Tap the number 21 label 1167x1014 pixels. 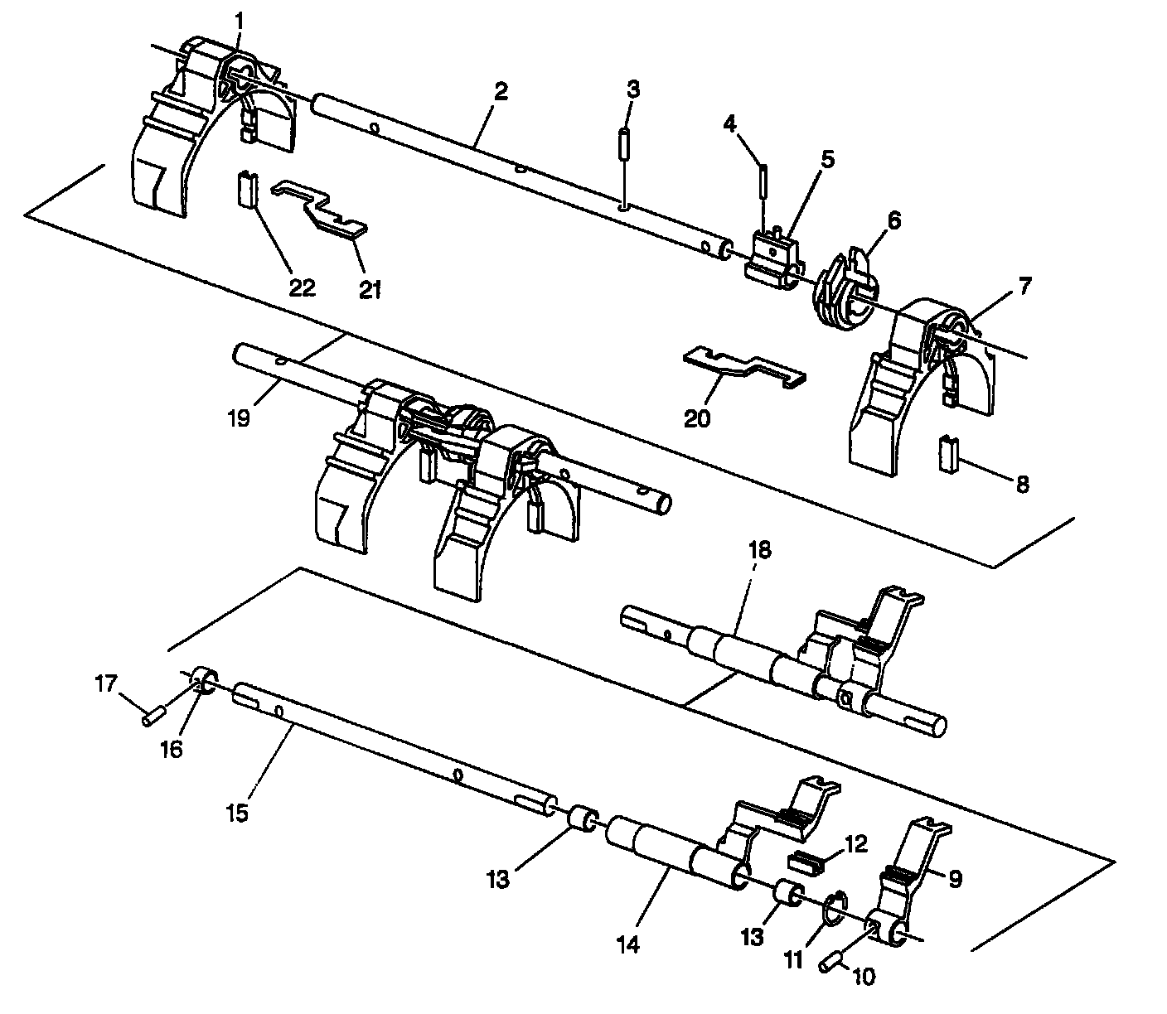(x=370, y=290)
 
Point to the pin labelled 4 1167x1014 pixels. (x=763, y=178)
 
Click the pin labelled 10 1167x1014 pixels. (x=832, y=963)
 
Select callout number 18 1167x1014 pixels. (x=760, y=550)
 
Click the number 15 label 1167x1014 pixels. (x=237, y=813)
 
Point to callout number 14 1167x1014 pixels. (x=628, y=944)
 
